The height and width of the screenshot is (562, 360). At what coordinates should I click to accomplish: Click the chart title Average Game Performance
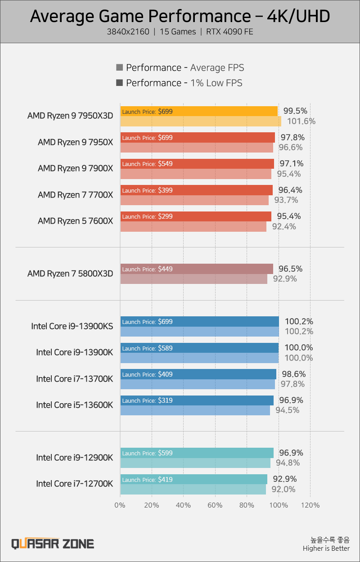coord(180,17)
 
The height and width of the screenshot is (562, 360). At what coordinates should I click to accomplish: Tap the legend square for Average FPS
coord(119,67)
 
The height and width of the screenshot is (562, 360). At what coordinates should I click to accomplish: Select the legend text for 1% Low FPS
coord(184,83)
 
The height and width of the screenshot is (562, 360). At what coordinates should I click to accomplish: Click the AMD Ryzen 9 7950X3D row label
coord(70,116)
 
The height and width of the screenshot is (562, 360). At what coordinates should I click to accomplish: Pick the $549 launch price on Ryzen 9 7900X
coord(165,164)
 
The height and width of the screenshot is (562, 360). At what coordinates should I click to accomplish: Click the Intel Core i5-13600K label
coord(75,405)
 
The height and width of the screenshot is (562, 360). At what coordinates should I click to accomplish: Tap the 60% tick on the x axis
coord(215,505)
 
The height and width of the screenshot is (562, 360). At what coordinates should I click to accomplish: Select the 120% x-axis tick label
coord(310,505)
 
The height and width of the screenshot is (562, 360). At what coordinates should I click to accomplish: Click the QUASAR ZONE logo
coord(53,544)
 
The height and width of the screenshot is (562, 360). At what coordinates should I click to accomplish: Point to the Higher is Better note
coord(326,549)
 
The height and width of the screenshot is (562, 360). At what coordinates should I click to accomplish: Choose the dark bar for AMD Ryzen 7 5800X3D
coord(197,269)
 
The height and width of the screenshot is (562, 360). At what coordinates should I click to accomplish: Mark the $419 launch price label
coord(165,480)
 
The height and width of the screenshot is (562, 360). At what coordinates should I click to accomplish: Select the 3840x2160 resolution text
coord(128,32)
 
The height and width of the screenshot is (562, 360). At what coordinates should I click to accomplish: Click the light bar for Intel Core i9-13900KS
coord(200,332)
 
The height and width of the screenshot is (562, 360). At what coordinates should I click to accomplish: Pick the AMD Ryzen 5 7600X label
coord(76,221)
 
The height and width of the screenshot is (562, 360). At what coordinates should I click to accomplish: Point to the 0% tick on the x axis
coord(120,505)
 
